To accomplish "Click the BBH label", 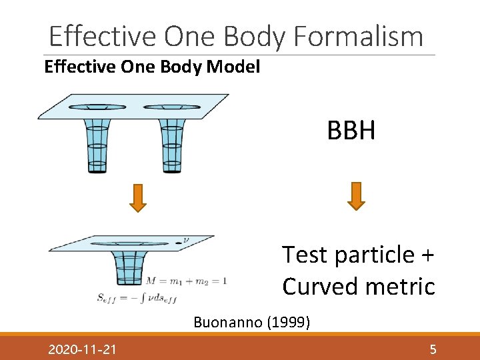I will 351,131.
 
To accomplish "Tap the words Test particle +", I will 358,254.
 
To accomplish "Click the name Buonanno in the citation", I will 227,323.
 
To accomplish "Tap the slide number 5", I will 433,349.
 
